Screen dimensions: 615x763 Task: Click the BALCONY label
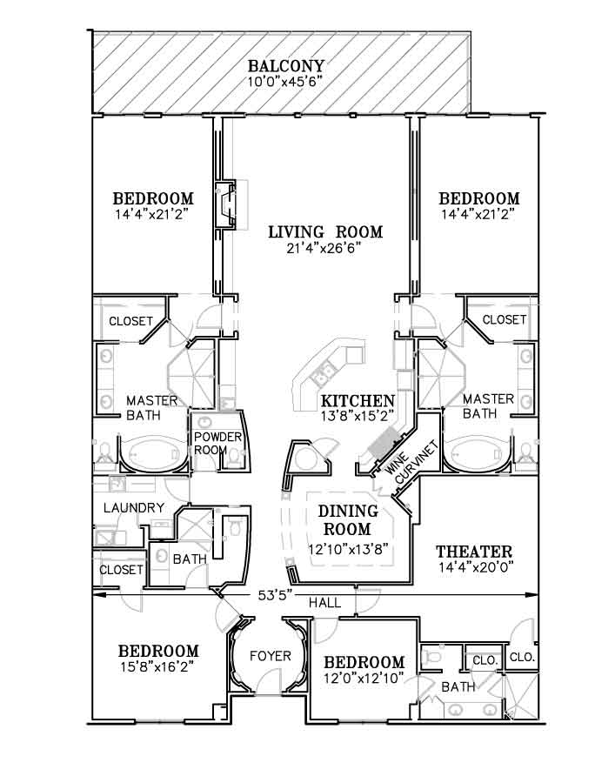click(285, 66)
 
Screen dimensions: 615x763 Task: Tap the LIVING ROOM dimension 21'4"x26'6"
click(324, 248)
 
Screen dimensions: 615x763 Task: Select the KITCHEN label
click(358, 401)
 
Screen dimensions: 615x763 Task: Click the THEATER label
click(474, 552)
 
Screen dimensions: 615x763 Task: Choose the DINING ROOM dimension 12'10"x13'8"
click(348, 549)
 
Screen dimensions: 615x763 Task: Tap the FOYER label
click(270, 656)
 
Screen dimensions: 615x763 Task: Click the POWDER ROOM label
click(217, 444)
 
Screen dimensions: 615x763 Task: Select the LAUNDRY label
click(134, 508)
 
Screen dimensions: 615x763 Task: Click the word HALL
click(324, 603)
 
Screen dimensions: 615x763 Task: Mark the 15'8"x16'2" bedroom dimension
click(159, 666)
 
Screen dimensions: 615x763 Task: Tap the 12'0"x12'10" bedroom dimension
click(364, 678)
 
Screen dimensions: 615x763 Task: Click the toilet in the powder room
click(235, 458)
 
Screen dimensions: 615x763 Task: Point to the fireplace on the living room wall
click(226, 204)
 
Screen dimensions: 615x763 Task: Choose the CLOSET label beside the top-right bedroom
click(504, 319)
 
